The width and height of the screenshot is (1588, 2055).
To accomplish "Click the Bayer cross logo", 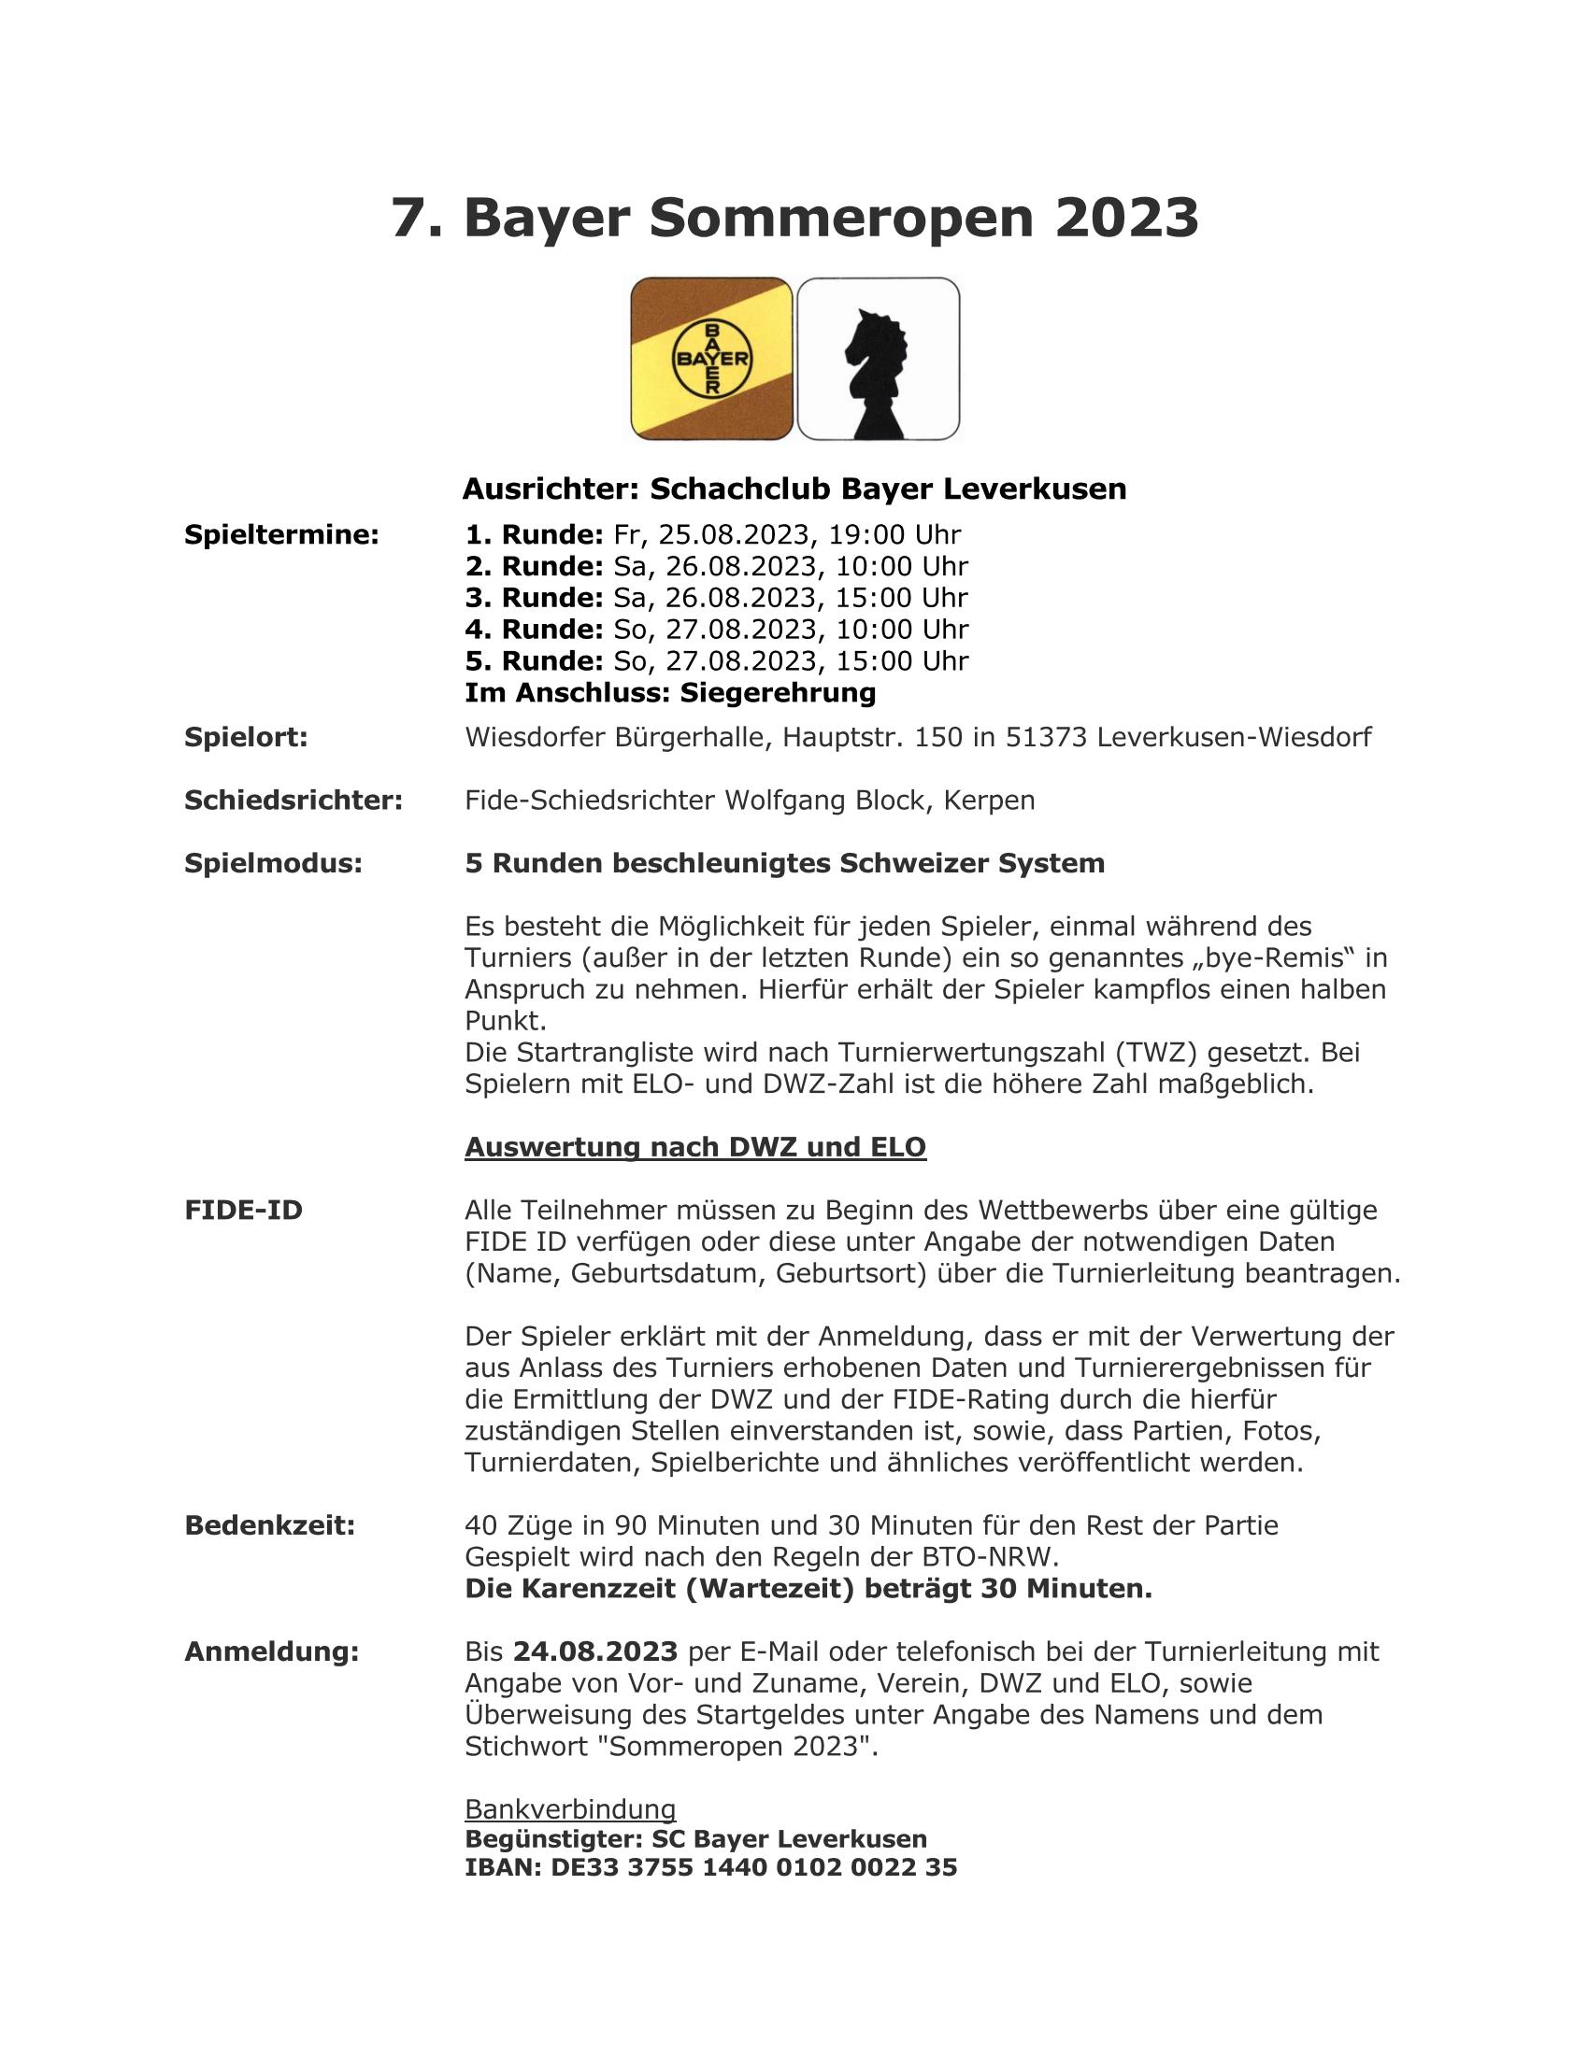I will pyautogui.click(x=711, y=359).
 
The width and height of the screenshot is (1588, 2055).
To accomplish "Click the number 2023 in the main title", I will pyautogui.click(x=1127, y=219).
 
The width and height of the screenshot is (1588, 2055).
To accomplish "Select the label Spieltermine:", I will pyautogui.click(x=281, y=535).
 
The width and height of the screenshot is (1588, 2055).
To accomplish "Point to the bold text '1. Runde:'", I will pyautogui.click(x=534, y=535).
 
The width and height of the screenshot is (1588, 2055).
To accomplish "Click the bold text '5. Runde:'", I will pyautogui.click(x=534, y=661).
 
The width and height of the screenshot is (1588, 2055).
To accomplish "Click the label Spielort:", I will pyautogui.click(x=246, y=738).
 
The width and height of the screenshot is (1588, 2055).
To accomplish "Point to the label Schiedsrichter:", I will pyautogui.click(x=293, y=801).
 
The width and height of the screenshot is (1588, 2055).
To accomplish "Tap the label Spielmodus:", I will pyautogui.click(x=273, y=864).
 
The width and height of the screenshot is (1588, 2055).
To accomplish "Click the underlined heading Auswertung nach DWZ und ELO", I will pyautogui.click(x=694, y=1147).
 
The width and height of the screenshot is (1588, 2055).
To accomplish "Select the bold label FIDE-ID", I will pyautogui.click(x=244, y=1210).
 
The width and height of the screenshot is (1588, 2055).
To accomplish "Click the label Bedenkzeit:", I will pyautogui.click(x=269, y=1525).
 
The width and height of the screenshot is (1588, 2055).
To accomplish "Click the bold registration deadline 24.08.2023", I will pyautogui.click(x=594, y=1651).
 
